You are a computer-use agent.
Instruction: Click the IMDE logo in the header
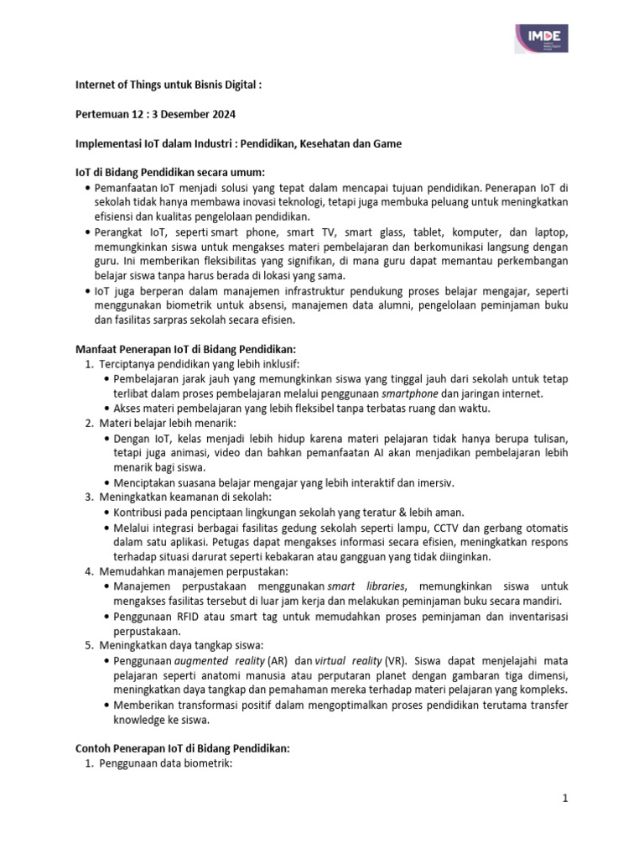542,38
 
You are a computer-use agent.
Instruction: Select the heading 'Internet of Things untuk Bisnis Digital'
168,85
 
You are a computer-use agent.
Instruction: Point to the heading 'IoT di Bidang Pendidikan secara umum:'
167,173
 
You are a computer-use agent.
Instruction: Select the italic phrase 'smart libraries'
365,585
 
